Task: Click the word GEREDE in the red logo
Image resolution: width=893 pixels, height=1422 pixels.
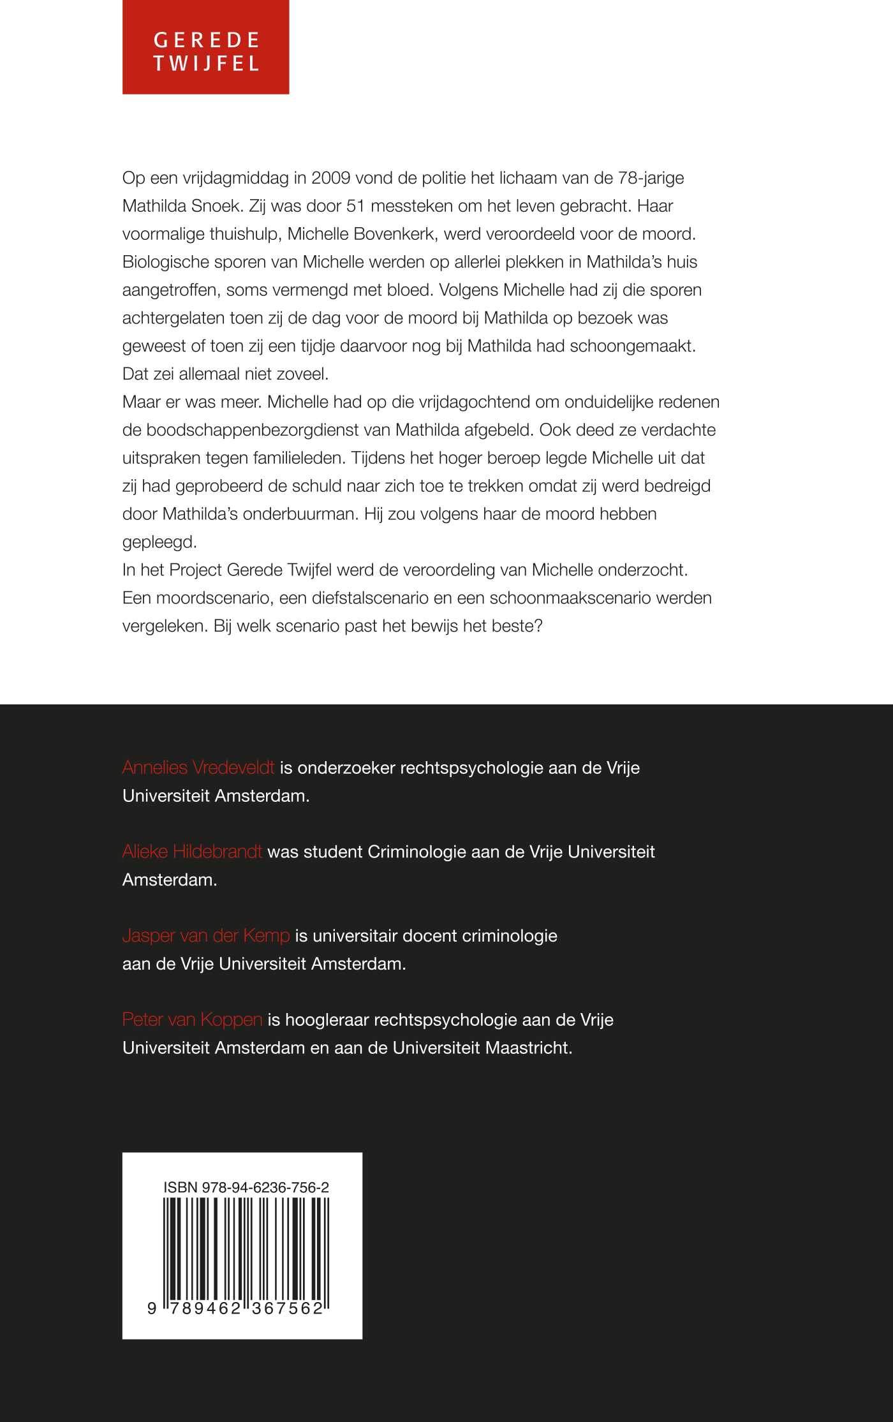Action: [206, 40]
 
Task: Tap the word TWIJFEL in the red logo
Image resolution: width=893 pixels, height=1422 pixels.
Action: [206, 64]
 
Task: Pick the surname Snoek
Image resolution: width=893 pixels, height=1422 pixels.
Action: [216, 206]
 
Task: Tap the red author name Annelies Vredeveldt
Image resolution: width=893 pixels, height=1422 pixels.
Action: [198, 767]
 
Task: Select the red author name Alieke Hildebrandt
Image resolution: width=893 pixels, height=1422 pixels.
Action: [192, 852]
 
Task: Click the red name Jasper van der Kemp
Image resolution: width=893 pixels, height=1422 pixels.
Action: [206, 936]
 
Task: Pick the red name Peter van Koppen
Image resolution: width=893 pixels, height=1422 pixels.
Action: [192, 1019]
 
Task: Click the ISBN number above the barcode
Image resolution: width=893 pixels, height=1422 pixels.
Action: [246, 1187]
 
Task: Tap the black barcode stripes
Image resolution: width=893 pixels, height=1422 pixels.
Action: [246, 1250]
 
